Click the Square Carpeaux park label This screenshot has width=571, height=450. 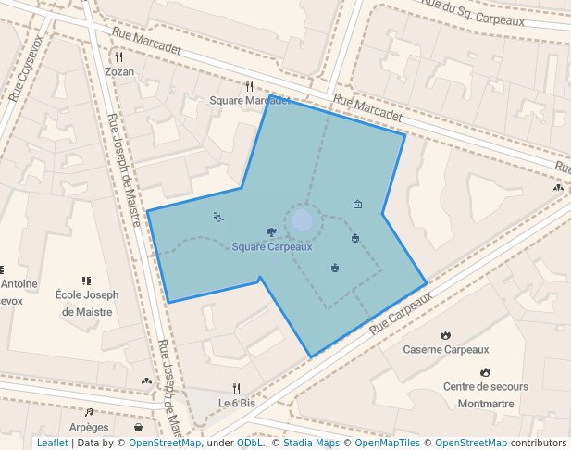tap(271, 247)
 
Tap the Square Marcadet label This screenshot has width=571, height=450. tap(250, 100)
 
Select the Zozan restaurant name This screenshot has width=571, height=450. tap(119, 71)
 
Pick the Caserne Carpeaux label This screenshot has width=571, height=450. tap(445, 350)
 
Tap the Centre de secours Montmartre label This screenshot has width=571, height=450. tap(485, 395)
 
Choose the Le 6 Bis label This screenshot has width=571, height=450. tap(236, 404)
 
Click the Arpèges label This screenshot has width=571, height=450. tap(89, 427)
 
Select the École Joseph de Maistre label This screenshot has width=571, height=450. tap(87, 304)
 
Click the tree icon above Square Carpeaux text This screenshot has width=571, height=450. tap(271, 232)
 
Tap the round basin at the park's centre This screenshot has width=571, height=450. tap(303, 220)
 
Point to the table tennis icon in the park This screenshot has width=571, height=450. tap(218, 218)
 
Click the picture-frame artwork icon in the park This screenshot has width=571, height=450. tap(358, 204)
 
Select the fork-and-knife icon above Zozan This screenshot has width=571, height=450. tap(119, 56)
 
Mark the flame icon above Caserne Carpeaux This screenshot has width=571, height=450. tap(445, 335)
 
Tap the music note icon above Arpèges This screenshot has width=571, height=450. tap(89, 412)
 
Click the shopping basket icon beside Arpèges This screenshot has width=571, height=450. tap(139, 428)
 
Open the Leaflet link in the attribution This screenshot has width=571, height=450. tap(52, 443)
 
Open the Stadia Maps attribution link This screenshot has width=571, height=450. tap(311, 443)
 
